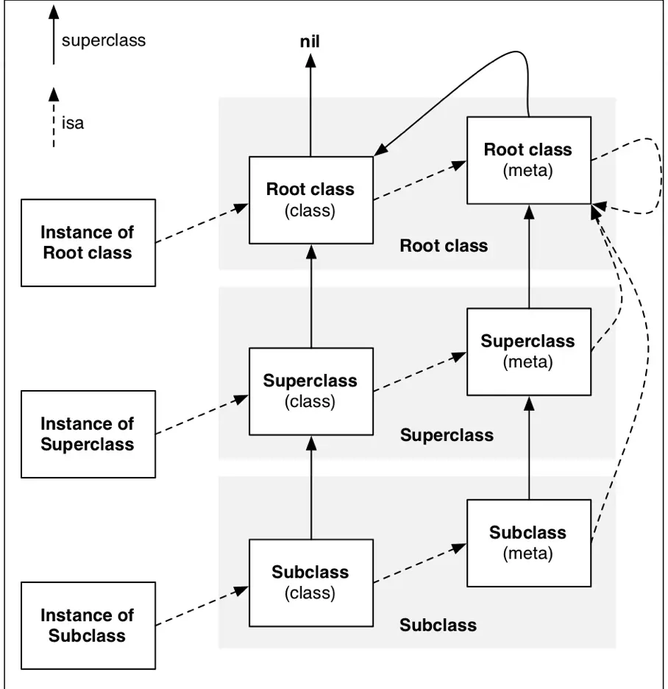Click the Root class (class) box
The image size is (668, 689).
pos(310,199)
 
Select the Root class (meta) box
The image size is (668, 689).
pos(527,160)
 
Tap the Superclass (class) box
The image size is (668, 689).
pos(310,391)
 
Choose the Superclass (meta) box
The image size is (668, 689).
pos(527,351)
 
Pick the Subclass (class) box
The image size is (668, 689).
pos(310,582)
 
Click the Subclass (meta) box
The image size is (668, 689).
pos(527,543)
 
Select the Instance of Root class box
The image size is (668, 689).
pos(88,242)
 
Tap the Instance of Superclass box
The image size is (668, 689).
pos(88,434)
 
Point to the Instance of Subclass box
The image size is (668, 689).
pos(88,625)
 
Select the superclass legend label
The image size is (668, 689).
pos(104,40)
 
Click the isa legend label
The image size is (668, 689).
pos(73,123)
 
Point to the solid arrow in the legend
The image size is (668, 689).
pos(53,37)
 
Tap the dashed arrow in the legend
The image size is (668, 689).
pos(53,118)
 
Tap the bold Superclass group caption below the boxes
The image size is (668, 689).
pos(447,435)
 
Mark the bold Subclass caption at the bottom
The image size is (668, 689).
pos(438,626)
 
